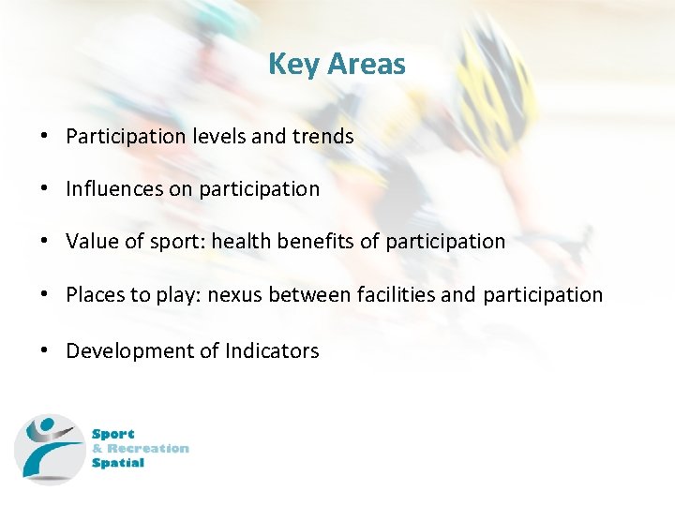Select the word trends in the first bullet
coord(322,136)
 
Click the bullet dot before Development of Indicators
coord(45,350)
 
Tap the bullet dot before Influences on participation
coord(45,188)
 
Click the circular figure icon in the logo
coord(49,449)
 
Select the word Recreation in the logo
coord(148,448)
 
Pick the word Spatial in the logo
coord(118,462)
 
